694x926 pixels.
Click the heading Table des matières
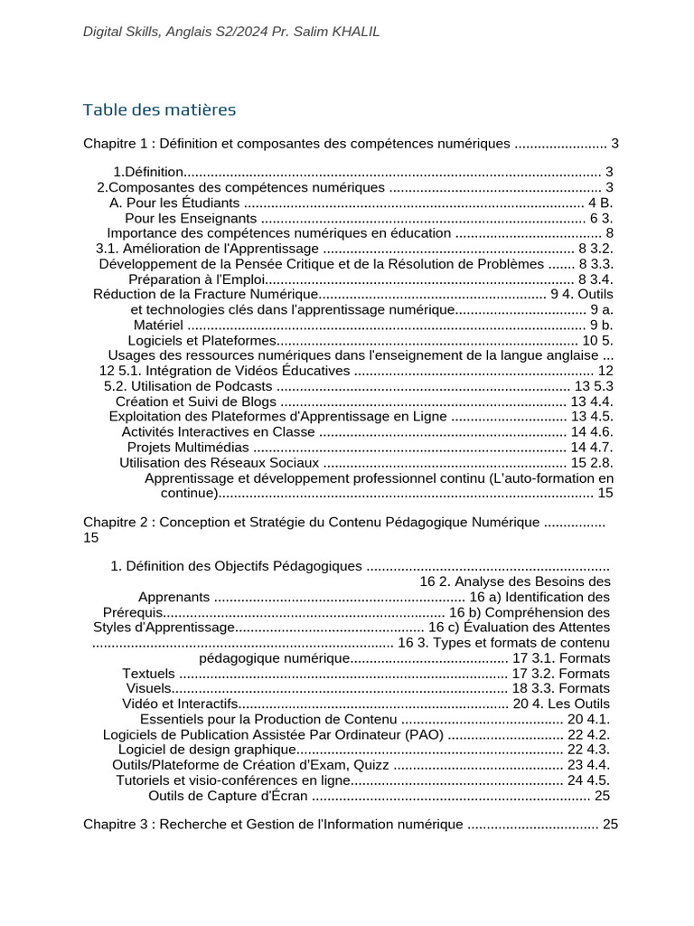pos(159,110)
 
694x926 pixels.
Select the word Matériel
pos(158,325)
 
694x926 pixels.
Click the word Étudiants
pos(210,203)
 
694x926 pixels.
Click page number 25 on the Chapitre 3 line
pos(610,825)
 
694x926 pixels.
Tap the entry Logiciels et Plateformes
pos(201,340)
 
